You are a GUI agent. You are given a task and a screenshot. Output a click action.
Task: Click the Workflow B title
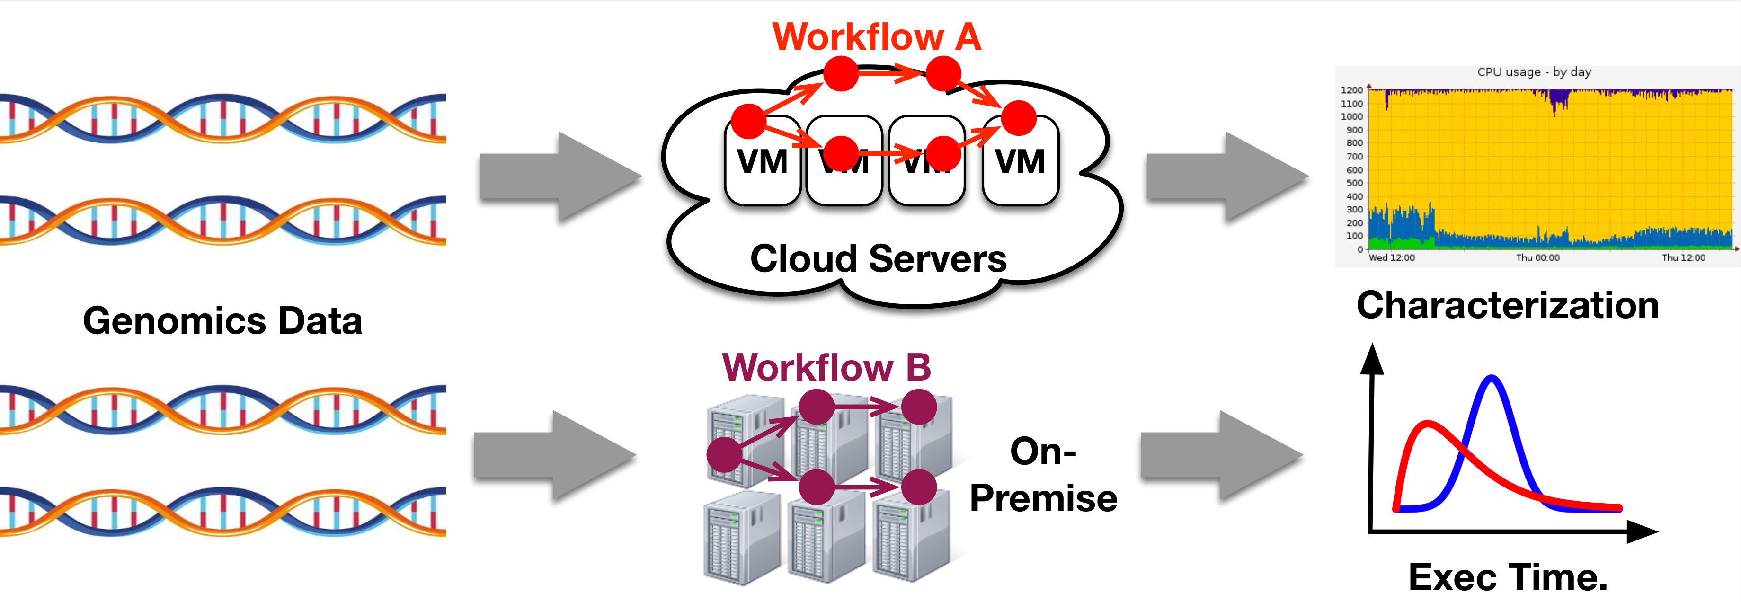coord(826,368)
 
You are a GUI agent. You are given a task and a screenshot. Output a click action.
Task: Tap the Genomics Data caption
coord(222,320)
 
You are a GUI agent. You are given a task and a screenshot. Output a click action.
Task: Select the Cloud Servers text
coord(878,259)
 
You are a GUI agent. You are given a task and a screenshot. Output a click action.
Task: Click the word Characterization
coord(1507,305)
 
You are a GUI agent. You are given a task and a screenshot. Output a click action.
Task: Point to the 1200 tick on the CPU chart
coord(1352,90)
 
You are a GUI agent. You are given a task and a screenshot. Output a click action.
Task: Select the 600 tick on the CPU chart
coord(1354,169)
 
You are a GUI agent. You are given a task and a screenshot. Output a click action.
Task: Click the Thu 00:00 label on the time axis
coord(1537,257)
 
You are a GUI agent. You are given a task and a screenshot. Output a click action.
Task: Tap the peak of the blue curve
coord(1492,378)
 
